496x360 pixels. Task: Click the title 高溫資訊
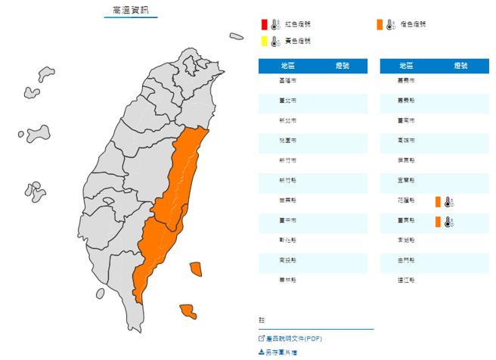131,10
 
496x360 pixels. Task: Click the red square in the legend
264,25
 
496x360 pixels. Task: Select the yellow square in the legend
264,41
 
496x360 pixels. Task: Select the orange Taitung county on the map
160,242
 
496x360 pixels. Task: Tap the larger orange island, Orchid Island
187,310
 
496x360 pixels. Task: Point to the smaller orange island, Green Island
196,268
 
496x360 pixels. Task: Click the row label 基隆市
288,80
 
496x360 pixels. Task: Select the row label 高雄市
406,141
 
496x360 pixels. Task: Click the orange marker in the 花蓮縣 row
438,201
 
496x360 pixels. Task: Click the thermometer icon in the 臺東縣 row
448,222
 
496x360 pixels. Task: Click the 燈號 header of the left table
342,66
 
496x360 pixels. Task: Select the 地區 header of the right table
406,66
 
